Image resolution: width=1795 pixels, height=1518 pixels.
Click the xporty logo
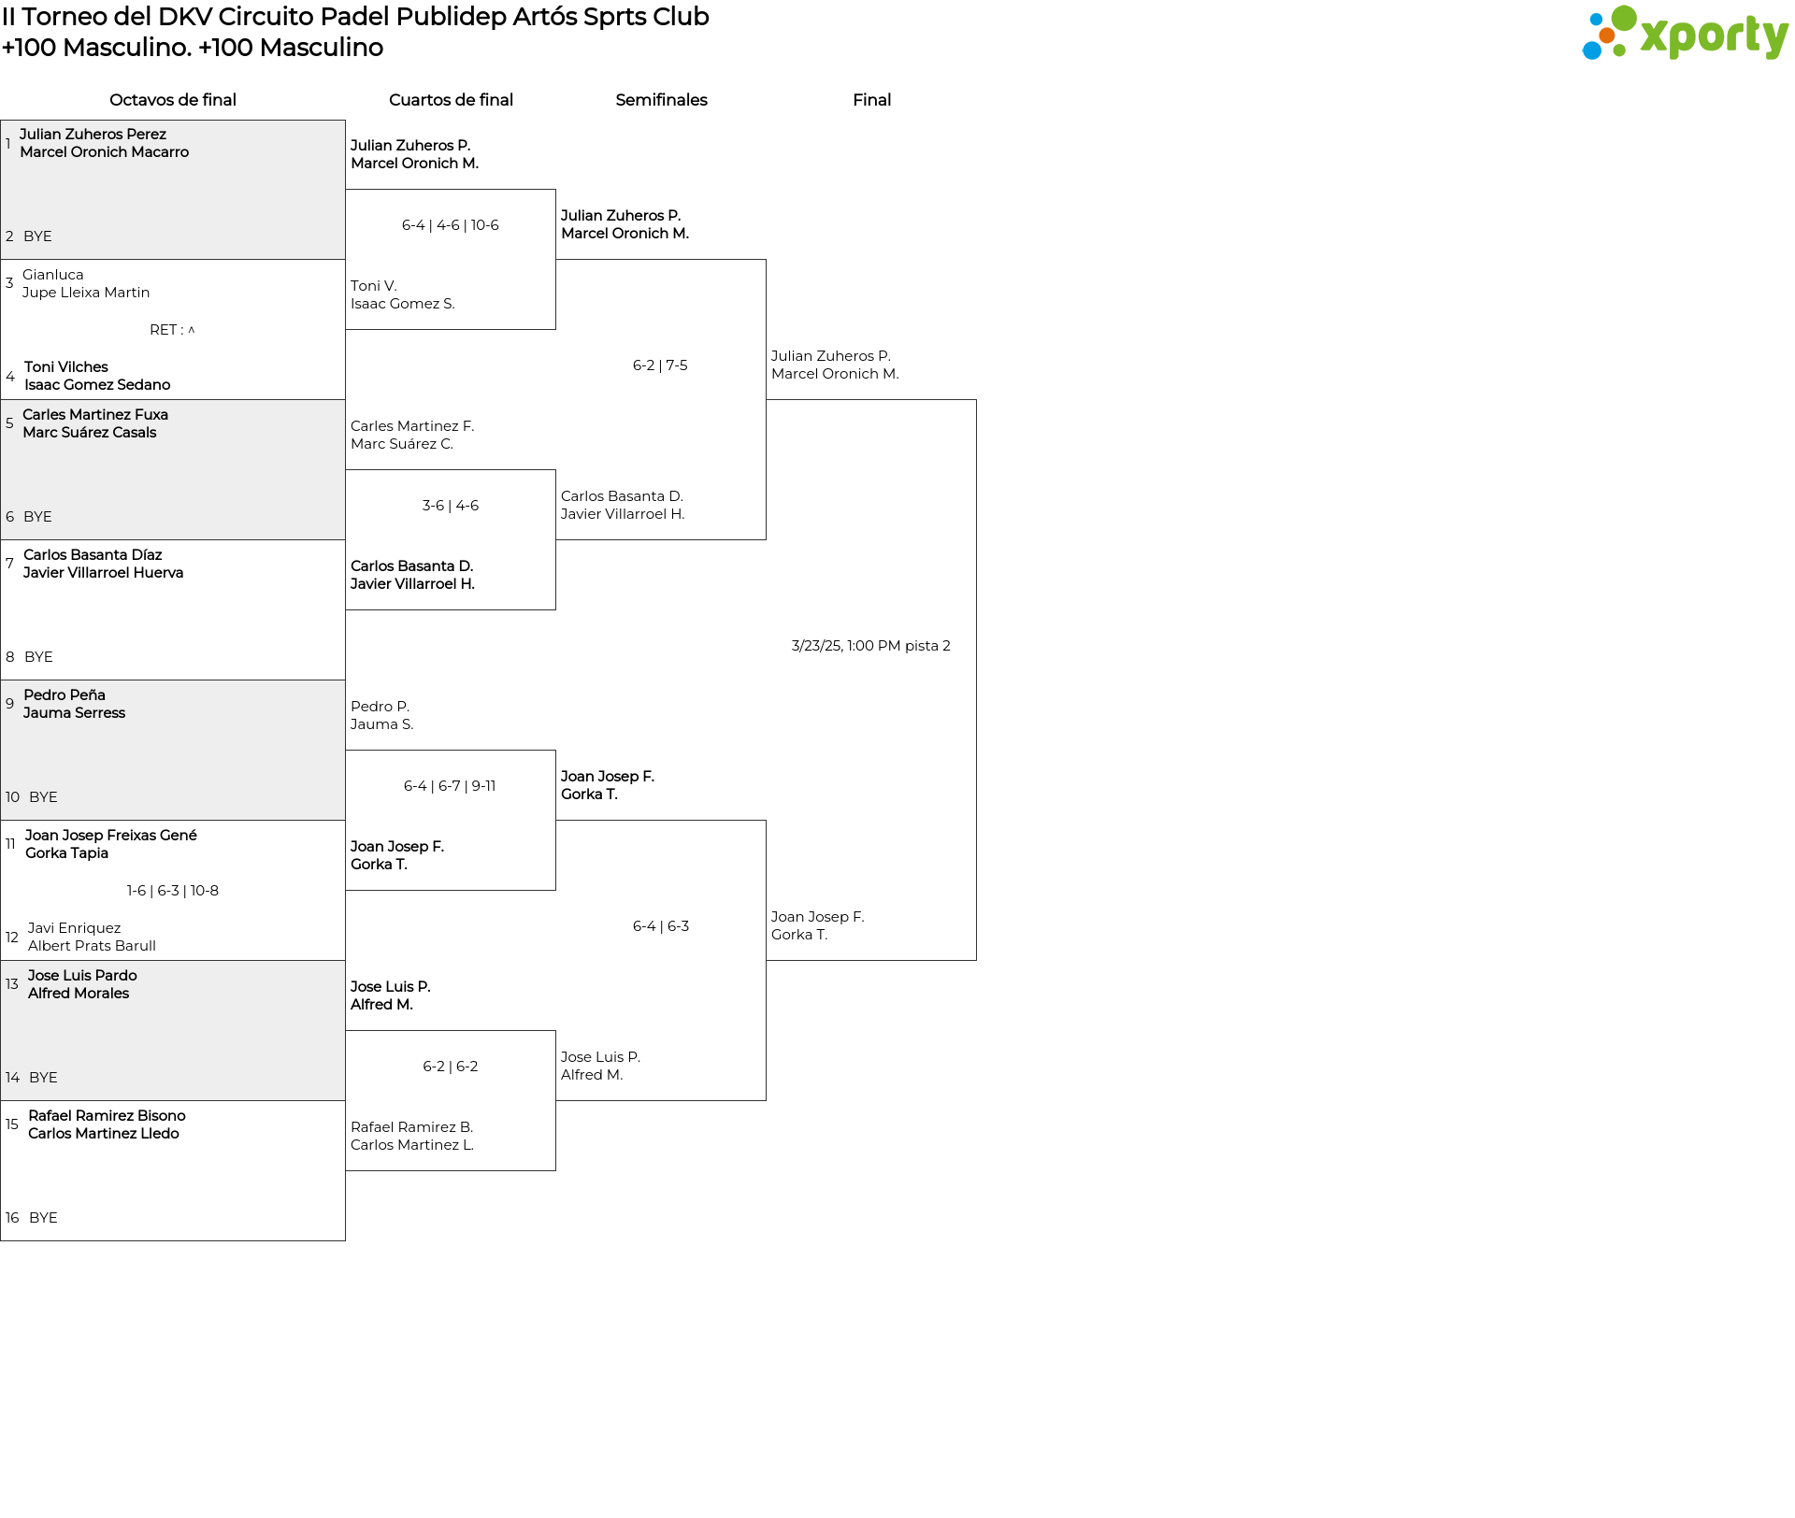click(1685, 34)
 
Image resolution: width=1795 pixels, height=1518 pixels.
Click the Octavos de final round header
click(173, 100)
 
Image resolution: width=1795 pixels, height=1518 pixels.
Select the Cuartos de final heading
click(451, 100)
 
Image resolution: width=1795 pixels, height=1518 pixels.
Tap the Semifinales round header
click(661, 100)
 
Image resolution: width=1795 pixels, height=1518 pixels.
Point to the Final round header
click(871, 100)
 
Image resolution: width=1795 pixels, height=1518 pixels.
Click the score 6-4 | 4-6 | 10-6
click(451, 225)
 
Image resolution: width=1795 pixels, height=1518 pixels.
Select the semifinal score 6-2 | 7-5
click(660, 365)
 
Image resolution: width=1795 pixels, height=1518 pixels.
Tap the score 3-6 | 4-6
click(451, 506)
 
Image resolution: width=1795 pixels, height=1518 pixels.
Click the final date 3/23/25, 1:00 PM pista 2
click(870, 646)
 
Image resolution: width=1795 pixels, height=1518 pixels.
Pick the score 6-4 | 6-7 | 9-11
click(450, 786)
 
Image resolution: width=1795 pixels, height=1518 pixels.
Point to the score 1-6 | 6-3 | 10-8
click(173, 891)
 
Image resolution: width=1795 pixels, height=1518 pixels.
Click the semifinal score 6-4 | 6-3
click(661, 926)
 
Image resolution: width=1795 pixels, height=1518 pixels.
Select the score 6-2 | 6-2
click(451, 1067)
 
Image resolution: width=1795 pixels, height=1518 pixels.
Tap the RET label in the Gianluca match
click(172, 330)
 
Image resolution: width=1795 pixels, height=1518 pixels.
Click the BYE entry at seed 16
click(43, 1218)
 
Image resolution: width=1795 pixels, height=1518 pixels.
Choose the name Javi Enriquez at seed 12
click(74, 928)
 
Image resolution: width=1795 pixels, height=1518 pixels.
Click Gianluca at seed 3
click(53, 275)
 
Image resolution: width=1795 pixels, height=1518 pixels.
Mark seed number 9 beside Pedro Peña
click(10, 704)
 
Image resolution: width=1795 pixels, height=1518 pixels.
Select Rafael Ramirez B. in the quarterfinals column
click(412, 1127)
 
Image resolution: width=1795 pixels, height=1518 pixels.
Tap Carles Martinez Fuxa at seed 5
click(95, 415)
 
